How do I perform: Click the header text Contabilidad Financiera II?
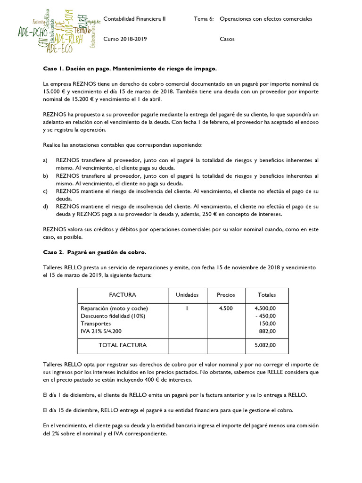[x=134, y=19]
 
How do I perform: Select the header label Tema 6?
[x=204, y=19]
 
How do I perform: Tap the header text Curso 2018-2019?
[x=125, y=39]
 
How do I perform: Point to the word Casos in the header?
[x=227, y=39]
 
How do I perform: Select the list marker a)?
[x=46, y=161]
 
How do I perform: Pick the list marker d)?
[x=46, y=207]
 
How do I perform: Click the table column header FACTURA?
[x=123, y=295]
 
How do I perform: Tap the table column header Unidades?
[x=187, y=295]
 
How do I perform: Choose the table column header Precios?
[x=226, y=295]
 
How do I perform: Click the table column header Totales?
[x=267, y=295]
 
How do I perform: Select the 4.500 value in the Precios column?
[x=226, y=308]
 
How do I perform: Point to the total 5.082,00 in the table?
[x=265, y=345]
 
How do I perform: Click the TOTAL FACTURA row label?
[x=123, y=345]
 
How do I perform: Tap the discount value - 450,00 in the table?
[x=265, y=316]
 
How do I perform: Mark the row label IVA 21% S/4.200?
[x=101, y=332]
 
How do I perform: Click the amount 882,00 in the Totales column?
[x=267, y=332]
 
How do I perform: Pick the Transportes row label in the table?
[x=96, y=324]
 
